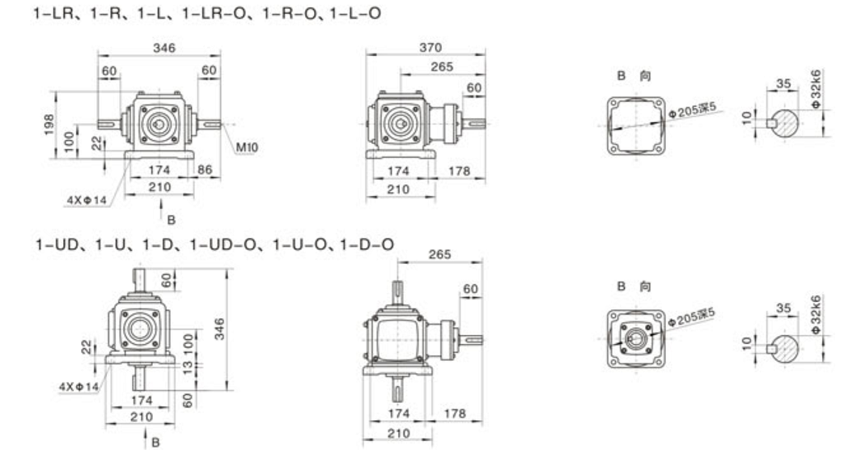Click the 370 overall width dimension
431,48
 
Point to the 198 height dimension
49,124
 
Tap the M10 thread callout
247,147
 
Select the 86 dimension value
205,169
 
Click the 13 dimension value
188,367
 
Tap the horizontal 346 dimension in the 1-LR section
164,48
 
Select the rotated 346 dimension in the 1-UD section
219,329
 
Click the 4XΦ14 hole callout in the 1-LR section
87,200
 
